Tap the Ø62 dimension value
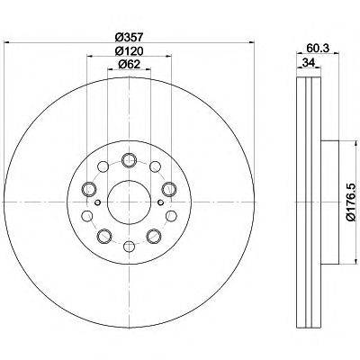(130, 65)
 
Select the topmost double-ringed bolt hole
(128, 160)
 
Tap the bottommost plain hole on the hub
(128, 244)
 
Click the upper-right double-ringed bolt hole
(166, 187)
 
